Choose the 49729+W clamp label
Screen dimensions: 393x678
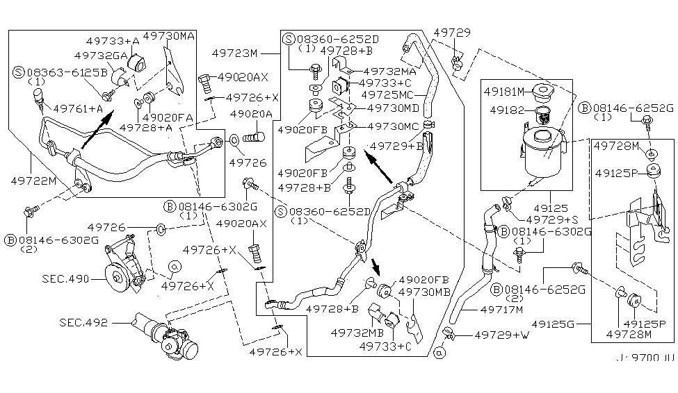(x=503, y=335)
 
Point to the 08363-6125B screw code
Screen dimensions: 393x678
(x=67, y=71)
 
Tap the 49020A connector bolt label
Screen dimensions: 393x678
(x=252, y=114)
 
